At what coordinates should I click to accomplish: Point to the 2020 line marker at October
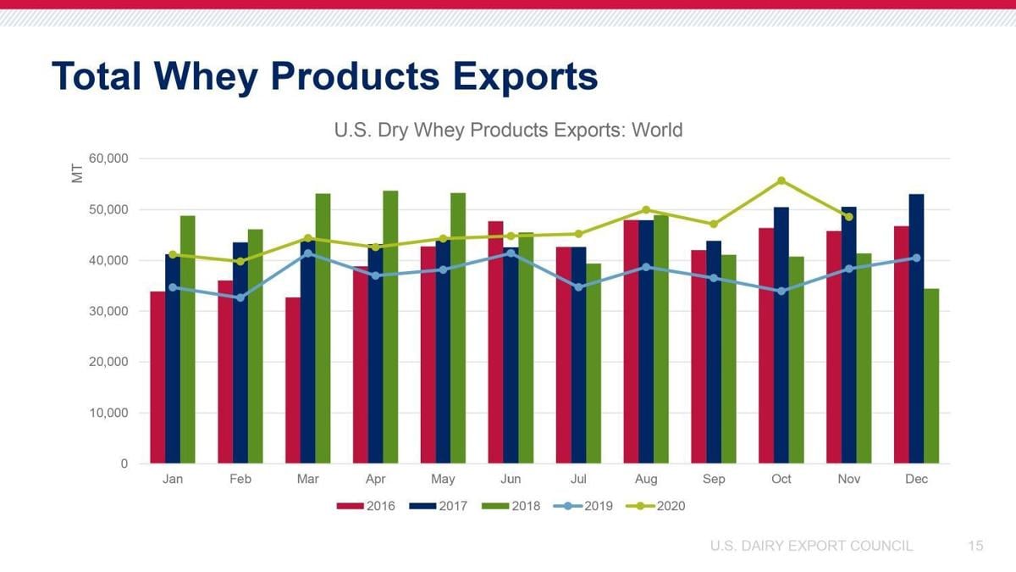pos(781,180)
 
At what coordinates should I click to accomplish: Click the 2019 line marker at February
pos(240,297)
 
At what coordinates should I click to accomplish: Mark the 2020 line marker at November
pos(848,217)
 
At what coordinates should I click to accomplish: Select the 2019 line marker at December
pos(916,258)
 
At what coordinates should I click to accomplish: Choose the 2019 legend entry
pos(588,506)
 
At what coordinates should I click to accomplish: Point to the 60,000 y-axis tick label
pos(108,158)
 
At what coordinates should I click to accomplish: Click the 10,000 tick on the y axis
pos(108,413)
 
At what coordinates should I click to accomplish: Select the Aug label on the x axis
pos(646,479)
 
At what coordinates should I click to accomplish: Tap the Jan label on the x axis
pos(173,479)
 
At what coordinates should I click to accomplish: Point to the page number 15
pos(975,546)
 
